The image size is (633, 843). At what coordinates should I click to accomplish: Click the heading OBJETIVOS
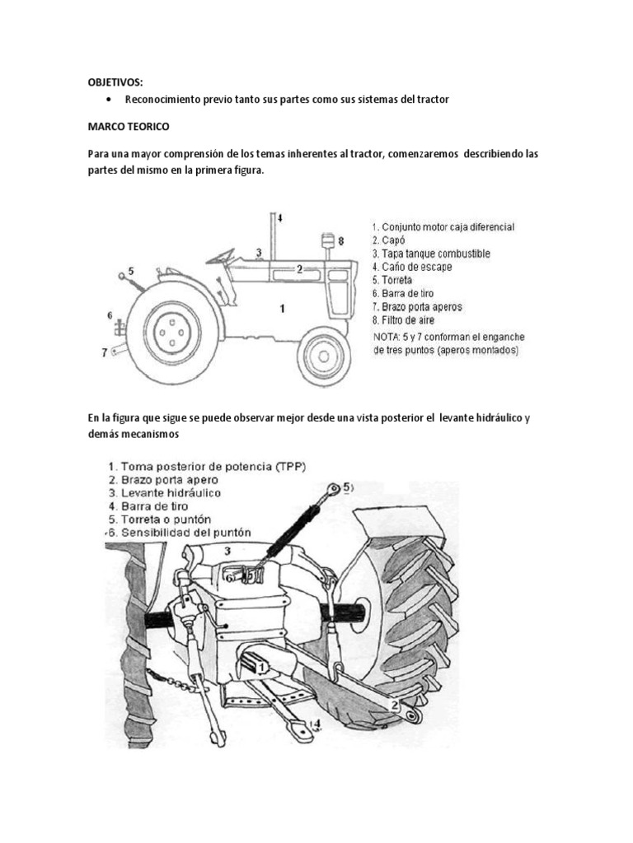tap(115, 82)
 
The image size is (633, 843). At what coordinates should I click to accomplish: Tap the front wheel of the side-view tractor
tap(324, 356)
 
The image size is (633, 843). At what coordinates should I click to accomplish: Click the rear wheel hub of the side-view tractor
tap(172, 332)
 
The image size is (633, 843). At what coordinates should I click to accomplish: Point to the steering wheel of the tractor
tap(220, 256)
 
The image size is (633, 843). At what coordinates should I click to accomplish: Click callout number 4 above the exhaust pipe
tap(280, 218)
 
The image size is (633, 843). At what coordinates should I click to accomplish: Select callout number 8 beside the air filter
tap(340, 240)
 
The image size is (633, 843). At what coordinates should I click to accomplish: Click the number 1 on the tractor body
tap(283, 309)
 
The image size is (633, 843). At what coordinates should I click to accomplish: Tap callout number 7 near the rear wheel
tap(105, 352)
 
